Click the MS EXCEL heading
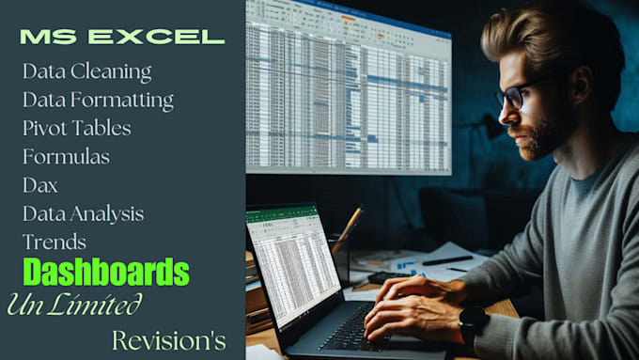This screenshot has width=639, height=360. point(122,38)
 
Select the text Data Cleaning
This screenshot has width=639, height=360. point(86,71)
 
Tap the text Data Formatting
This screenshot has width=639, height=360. point(98,100)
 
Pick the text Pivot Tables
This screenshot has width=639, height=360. point(76,128)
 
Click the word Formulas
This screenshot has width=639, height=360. point(66,156)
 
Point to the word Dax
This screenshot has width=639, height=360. point(40,184)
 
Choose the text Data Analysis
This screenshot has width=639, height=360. point(83,213)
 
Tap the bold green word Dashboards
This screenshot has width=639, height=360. point(106,273)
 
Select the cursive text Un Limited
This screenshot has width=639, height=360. point(74,304)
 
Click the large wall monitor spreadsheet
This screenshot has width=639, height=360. point(348,89)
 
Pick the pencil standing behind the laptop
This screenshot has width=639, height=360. point(347,229)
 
